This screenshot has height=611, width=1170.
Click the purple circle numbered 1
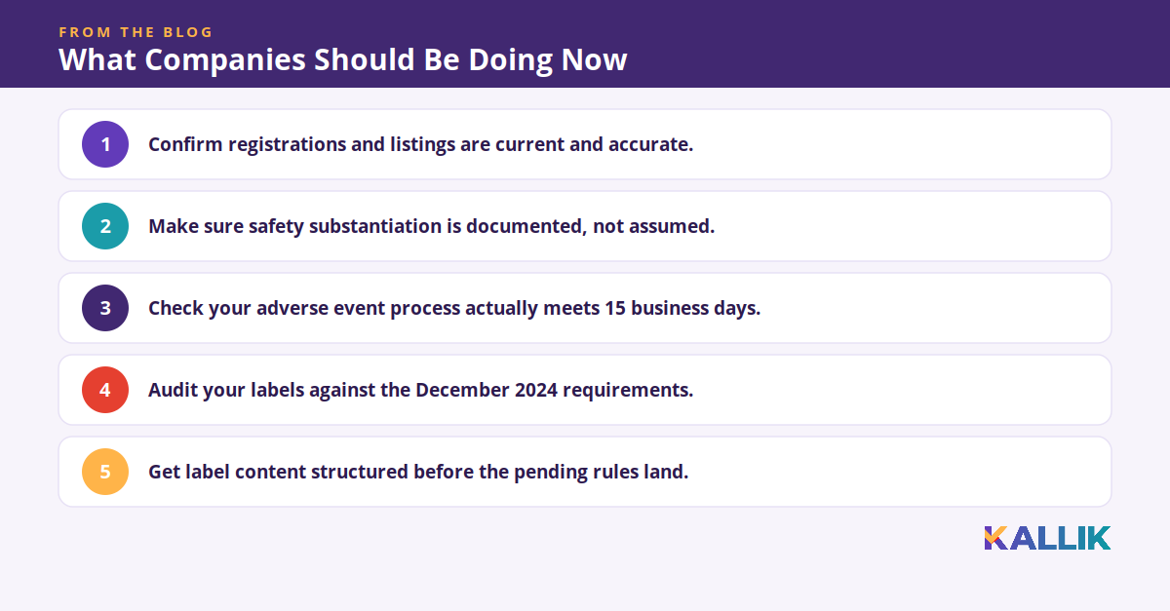point(105,144)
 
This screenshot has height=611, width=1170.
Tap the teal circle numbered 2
point(105,226)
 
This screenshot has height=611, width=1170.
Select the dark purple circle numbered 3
point(105,308)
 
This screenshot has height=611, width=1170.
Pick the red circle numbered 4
point(105,390)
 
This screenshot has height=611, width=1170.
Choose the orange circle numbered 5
point(105,472)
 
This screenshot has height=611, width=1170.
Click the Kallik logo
point(1047,538)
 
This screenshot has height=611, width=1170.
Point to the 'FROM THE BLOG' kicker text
point(136,32)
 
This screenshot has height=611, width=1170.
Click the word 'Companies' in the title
point(225,60)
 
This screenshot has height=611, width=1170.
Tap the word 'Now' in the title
point(594,59)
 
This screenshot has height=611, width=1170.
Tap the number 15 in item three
point(615,308)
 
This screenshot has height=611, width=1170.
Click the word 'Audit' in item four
point(173,390)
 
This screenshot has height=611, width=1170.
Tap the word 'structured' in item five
point(360,472)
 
